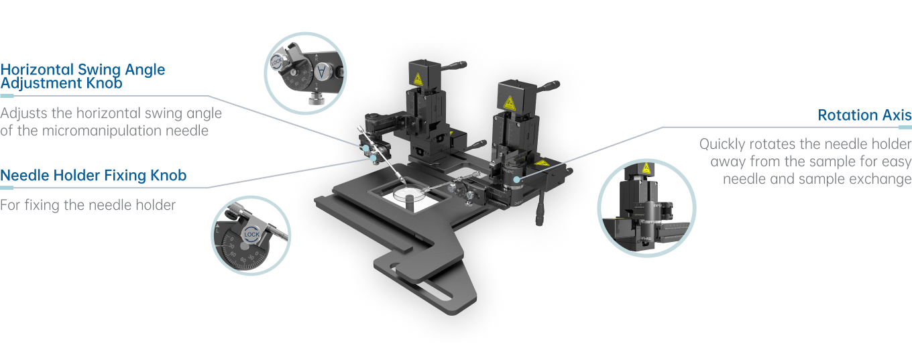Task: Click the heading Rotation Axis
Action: click(864, 115)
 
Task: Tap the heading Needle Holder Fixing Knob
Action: click(93, 176)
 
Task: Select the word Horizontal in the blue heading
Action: click(37, 69)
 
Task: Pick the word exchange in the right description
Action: click(878, 179)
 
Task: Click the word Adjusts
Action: click(24, 113)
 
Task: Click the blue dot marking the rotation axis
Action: click(516, 179)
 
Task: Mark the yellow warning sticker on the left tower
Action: click(418, 79)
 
